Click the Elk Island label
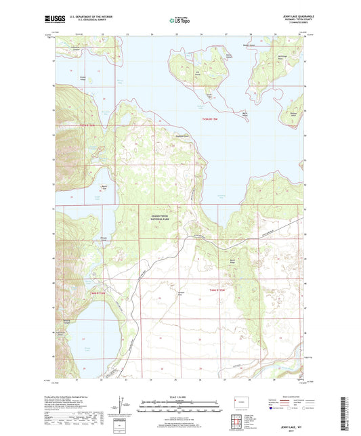(198, 73)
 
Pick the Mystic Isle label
(104, 187)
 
